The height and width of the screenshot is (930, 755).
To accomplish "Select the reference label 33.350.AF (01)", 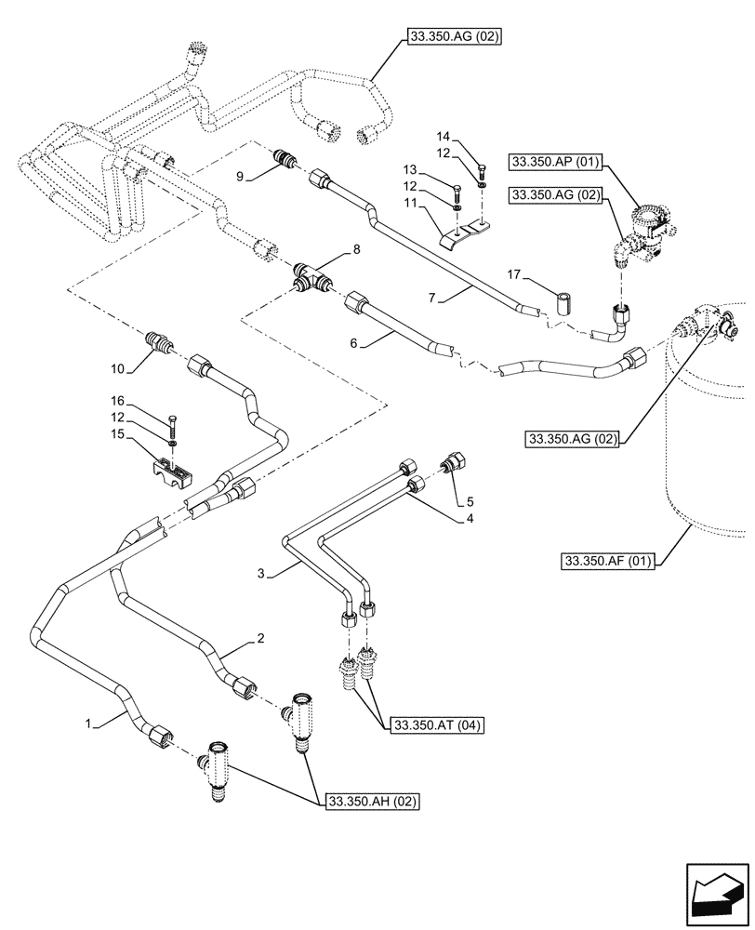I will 608,561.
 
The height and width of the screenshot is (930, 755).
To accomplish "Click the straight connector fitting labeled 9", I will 286,161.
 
